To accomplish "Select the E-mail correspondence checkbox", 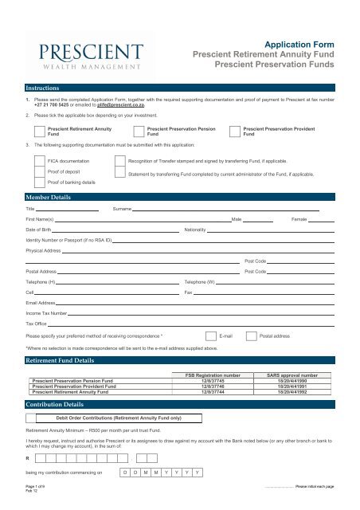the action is [x=209, y=336].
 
